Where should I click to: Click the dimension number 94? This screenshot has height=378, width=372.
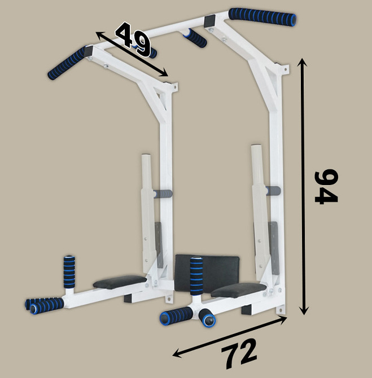[326, 186]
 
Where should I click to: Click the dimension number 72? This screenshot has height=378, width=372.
[239, 353]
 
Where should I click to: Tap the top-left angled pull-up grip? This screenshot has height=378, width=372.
[68, 63]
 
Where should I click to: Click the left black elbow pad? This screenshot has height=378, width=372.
[120, 282]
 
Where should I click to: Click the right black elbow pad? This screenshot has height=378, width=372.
[238, 290]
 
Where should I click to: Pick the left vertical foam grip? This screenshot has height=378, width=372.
[69, 272]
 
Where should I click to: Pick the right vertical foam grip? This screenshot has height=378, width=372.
[196, 276]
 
